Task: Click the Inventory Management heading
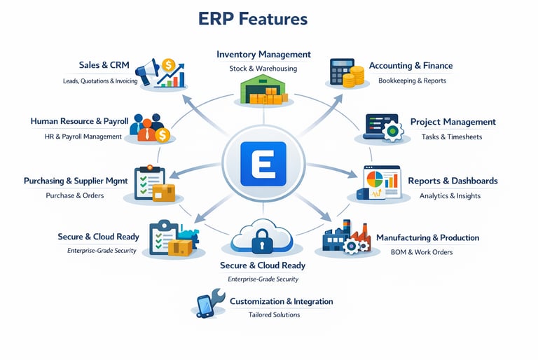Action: (x=263, y=54)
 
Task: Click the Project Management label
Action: (x=453, y=122)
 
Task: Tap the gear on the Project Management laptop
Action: (x=394, y=132)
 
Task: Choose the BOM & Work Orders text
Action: (x=422, y=252)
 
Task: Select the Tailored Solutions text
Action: (x=274, y=314)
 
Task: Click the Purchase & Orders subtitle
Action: (x=74, y=195)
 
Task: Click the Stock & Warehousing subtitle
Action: (x=263, y=69)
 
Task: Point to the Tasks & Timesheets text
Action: (x=452, y=137)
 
